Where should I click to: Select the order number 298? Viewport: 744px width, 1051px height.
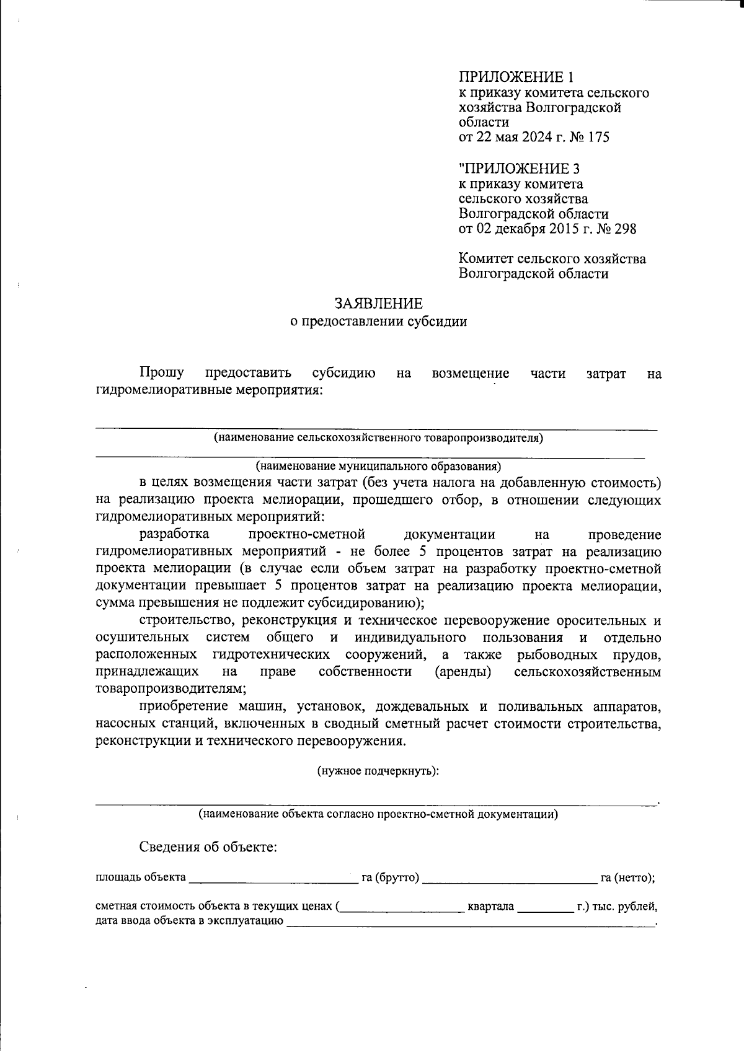coord(624,229)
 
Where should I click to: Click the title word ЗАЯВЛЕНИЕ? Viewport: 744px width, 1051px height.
coord(379,303)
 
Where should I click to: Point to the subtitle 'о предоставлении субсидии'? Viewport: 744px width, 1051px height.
coord(379,322)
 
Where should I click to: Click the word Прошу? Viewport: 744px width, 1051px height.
coord(162,373)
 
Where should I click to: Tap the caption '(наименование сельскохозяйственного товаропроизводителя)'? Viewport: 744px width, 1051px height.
coord(378,438)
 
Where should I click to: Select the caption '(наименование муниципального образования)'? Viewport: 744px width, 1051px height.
coord(378,465)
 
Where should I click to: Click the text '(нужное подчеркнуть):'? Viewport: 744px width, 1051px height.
coord(378,772)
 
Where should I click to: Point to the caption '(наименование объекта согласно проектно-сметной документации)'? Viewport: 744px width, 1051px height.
coord(378,814)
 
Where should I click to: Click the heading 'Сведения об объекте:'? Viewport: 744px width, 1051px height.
coord(208,847)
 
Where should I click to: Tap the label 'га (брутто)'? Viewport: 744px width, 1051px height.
coord(391,877)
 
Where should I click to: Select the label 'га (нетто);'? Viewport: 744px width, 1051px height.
coord(628,877)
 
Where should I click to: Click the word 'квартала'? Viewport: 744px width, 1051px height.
coord(491,907)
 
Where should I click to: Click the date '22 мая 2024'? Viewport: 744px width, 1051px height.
coord(512,137)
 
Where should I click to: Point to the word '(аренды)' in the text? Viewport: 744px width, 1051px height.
coord(463,672)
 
